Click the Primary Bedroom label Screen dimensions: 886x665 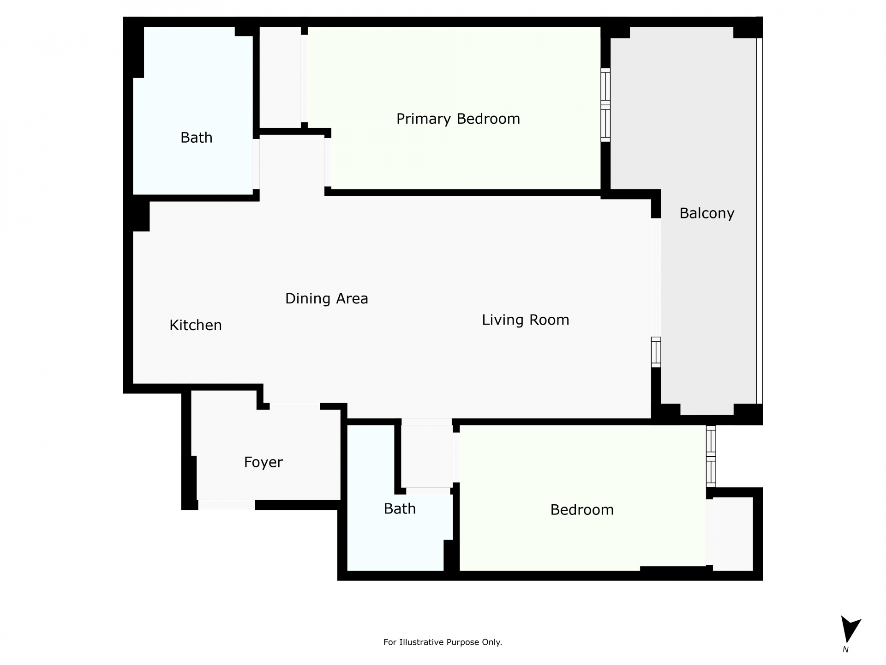(x=458, y=119)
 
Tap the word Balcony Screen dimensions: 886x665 (x=707, y=213)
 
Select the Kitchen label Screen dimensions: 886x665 (x=196, y=325)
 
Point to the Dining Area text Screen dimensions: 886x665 (x=327, y=299)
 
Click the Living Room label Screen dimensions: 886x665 (x=526, y=320)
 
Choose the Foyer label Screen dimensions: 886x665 (x=263, y=462)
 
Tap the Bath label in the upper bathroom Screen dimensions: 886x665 (x=197, y=138)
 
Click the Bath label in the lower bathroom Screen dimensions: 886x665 (x=400, y=509)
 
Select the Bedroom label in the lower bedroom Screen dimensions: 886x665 (x=582, y=510)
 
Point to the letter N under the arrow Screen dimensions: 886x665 (x=845, y=649)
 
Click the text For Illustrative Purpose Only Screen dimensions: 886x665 (x=443, y=642)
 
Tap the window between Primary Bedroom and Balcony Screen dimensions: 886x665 (x=605, y=105)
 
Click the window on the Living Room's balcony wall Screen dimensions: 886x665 (x=656, y=352)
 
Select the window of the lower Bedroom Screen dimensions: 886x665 (x=711, y=456)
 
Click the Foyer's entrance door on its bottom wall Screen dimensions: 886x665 (x=226, y=505)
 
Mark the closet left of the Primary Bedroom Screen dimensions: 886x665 (x=280, y=77)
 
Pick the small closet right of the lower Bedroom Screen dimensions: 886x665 (x=733, y=534)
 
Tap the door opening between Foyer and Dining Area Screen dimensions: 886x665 (x=295, y=406)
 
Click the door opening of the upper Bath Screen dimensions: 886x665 (x=256, y=164)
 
